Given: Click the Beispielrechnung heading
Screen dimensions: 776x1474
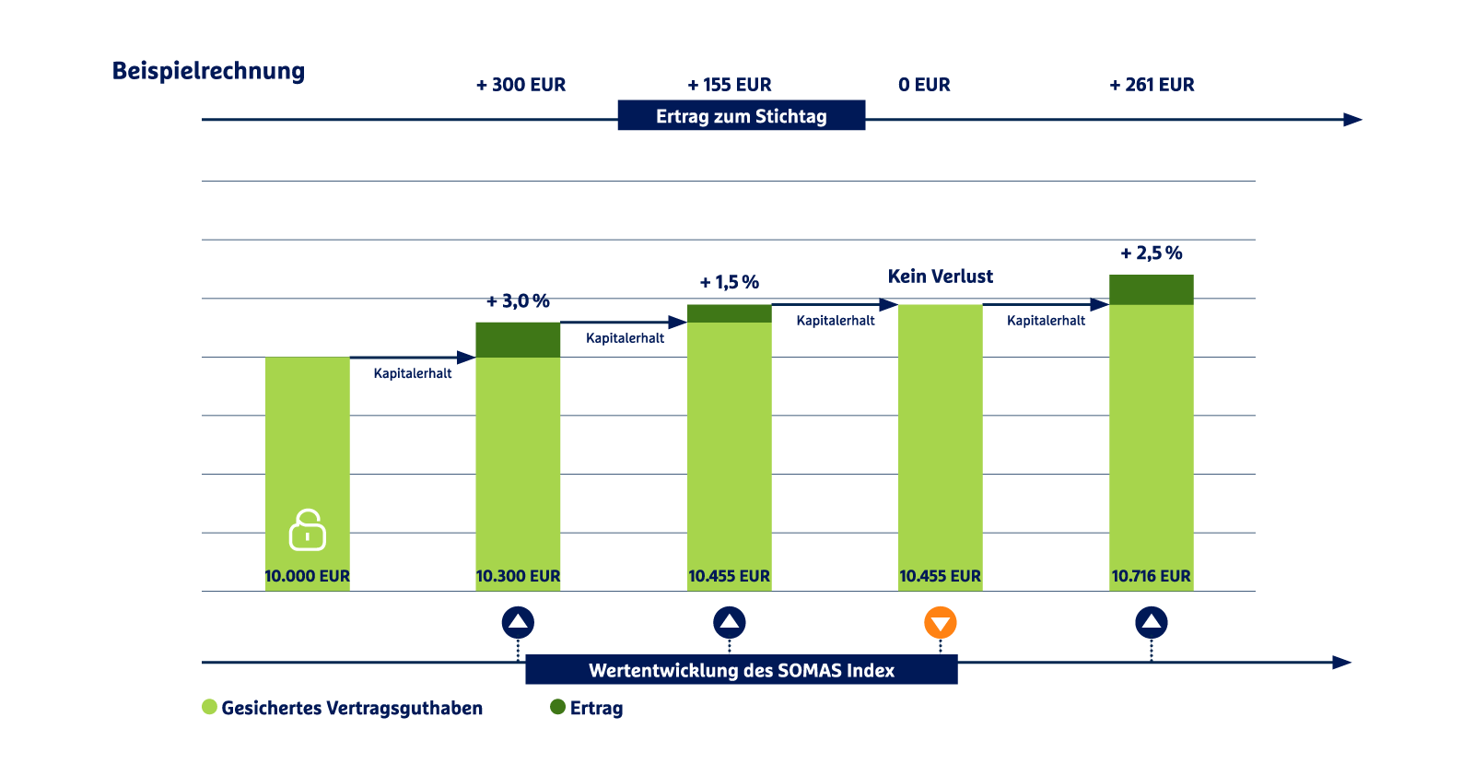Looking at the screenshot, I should (x=208, y=71).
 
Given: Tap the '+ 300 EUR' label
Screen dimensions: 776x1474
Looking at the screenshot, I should (x=521, y=85).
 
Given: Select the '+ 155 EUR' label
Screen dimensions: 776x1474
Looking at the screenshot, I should (x=730, y=85).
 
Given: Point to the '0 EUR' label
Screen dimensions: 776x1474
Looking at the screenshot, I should (x=924, y=85).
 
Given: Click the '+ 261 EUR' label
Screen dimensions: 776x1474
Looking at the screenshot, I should (x=1152, y=85).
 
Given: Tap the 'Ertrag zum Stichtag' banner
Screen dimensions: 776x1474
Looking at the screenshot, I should (x=741, y=116).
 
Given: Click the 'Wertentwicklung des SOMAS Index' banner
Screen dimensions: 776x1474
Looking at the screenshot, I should (x=741, y=670).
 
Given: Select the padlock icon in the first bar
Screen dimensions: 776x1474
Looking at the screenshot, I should (x=308, y=530).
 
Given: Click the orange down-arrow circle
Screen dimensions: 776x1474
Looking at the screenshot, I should (x=941, y=623).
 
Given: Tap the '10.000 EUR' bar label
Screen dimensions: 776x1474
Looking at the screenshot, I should (x=308, y=576).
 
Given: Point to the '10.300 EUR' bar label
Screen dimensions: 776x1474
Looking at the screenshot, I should (x=518, y=576).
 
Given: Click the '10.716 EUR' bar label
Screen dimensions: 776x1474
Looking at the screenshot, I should (x=1151, y=576).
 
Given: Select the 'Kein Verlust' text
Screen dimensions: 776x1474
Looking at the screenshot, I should (x=941, y=276).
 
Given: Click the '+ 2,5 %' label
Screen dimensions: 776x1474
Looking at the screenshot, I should (x=1151, y=253).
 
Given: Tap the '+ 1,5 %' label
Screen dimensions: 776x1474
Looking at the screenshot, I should (x=729, y=282).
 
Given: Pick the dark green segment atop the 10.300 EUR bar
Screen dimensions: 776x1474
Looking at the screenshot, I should (x=518, y=339).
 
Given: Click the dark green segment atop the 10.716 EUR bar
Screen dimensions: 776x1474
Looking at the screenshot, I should (x=1151, y=289).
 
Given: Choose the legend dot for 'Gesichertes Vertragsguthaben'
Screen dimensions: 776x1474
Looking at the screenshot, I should (x=210, y=707).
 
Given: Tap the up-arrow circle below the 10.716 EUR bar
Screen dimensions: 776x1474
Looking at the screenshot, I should (x=1152, y=623).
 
